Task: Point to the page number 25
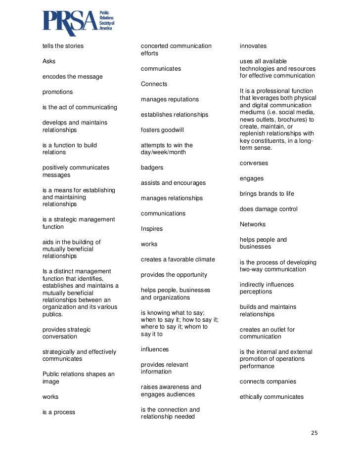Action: [314, 433]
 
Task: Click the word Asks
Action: [49, 61]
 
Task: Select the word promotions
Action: [57, 92]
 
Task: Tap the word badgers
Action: [152, 168]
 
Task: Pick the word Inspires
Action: [152, 229]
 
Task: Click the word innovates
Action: [253, 46]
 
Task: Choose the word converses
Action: [254, 163]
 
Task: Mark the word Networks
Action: [253, 224]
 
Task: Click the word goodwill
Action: [173, 130]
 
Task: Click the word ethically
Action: [251, 397]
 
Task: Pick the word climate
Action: [204, 259]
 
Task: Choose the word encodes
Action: [53, 77]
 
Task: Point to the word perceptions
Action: [257, 292]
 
